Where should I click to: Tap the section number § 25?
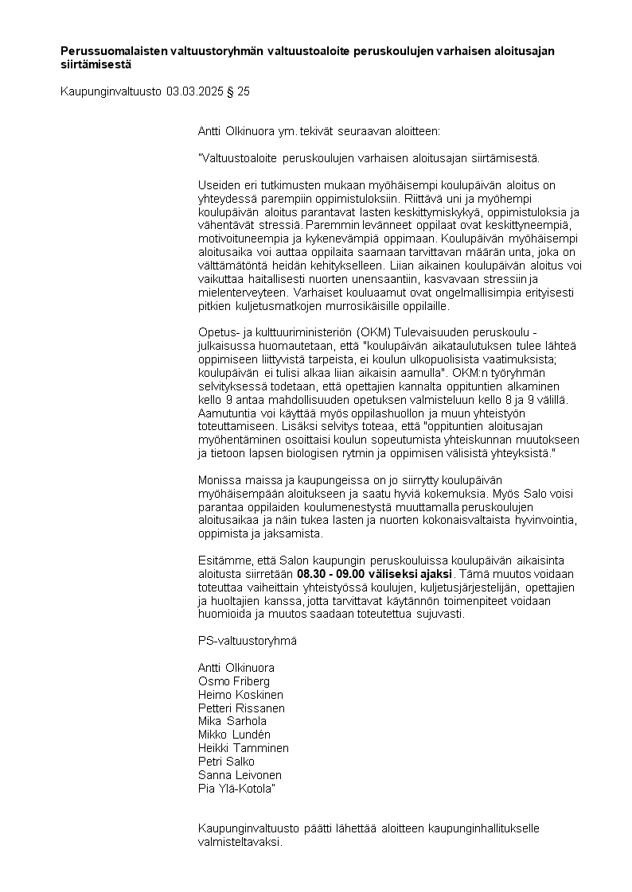[x=239, y=91]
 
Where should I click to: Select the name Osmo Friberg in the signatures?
[x=233, y=681]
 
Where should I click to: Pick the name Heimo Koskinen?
[x=239, y=695]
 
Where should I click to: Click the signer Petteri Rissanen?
[x=240, y=708]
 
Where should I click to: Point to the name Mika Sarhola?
[x=231, y=722]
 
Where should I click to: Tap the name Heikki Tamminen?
[x=243, y=748]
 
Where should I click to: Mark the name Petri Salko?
[x=226, y=762]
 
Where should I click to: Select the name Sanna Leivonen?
[x=239, y=775]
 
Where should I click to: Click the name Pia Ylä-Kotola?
[x=236, y=789]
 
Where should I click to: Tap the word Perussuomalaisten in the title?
[x=113, y=51]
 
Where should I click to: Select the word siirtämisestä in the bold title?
[x=97, y=64]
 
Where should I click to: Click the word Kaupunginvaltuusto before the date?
[x=111, y=91]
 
